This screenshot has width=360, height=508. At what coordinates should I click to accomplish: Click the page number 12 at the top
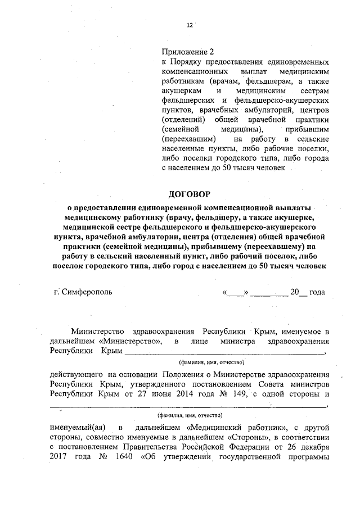(190, 25)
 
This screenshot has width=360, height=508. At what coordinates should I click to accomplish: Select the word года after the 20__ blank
(317, 292)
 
